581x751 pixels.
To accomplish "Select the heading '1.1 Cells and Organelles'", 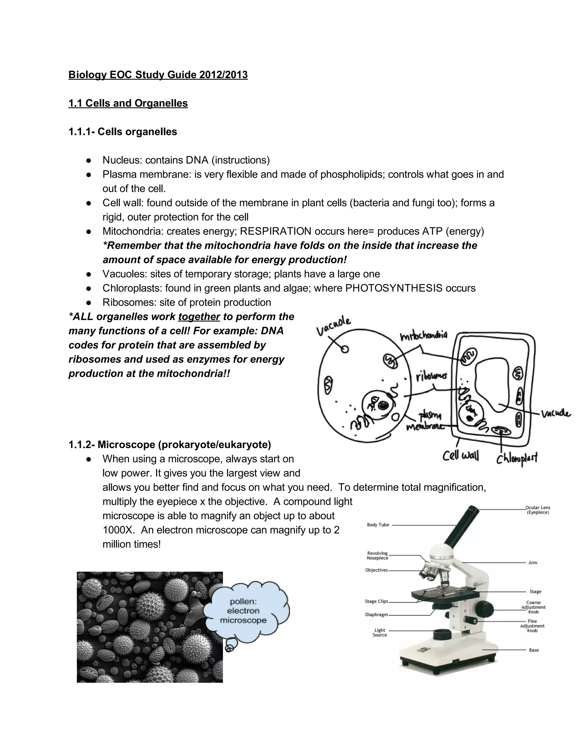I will point(128,103).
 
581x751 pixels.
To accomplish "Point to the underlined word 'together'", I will point(199,317).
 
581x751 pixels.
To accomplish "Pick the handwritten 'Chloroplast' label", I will point(517,458).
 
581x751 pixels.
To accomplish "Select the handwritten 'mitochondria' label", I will point(424,336).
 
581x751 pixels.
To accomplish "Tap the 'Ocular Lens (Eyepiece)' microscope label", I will point(538,510).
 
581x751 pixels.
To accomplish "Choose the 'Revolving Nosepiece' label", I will point(377,556).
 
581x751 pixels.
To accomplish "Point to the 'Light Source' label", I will point(380,633).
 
